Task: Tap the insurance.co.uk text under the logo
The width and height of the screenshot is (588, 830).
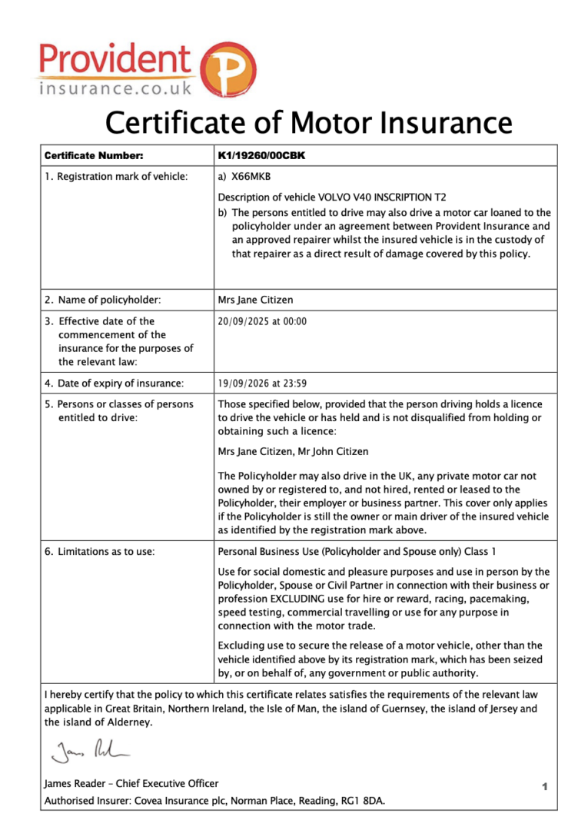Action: pyautogui.click(x=115, y=89)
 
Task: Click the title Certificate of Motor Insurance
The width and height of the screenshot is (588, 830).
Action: pyautogui.click(x=308, y=122)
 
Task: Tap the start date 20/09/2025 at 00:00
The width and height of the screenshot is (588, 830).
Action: pyautogui.click(x=262, y=321)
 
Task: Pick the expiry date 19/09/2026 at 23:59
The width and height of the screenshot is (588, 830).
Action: pyautogui.click(x=262, y=383)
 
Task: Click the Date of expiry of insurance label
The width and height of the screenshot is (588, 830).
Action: pyautogui.click(x=114, y=383)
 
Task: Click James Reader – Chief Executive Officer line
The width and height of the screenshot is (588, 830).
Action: pyautogui.click(x=131, y=784)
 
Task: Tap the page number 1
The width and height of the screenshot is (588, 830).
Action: pyautogui.click(x=544, y=786)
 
